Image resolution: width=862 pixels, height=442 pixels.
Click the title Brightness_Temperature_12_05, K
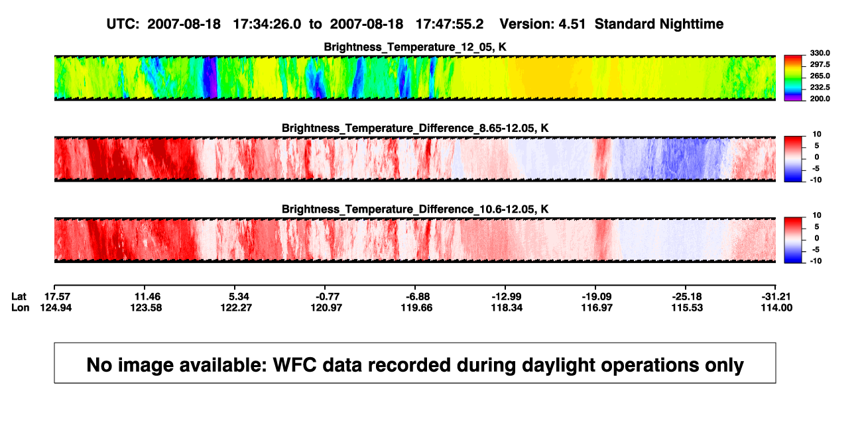coord(415,47)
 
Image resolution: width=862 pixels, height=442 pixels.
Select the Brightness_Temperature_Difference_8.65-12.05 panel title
coord(415,128)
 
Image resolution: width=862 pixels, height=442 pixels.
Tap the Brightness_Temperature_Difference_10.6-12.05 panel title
coord(415,209)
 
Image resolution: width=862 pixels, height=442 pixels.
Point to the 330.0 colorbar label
coord(820,53)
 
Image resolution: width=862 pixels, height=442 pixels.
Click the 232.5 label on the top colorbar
coord(820,87)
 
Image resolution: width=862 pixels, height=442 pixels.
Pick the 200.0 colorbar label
coord(820,99)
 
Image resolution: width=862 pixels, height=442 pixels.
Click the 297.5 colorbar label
coord(820,65)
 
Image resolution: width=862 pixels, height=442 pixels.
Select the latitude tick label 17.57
coord(57,297)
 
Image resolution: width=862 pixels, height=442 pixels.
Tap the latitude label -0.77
coord(328,297)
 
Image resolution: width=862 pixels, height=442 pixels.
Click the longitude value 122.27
coord(236,307)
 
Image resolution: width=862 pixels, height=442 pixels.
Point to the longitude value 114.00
coord(776,307)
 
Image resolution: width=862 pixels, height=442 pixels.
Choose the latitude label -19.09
coord(597,297)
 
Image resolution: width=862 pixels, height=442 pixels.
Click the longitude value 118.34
coord(507,307)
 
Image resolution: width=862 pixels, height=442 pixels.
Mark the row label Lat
coord(19,297)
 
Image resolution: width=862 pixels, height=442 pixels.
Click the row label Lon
coord(21,307)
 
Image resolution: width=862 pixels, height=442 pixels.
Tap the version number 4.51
coord(572,25)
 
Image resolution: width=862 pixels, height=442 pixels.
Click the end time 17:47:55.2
coord(450,25)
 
